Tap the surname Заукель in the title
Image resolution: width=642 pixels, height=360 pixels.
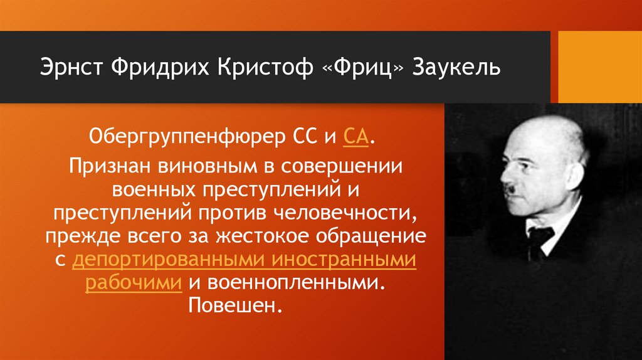point(456,66)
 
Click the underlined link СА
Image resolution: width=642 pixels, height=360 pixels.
point(355,135)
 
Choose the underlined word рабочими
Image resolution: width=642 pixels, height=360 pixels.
point(134,282)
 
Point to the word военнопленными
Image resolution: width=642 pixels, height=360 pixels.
point(286,282)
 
